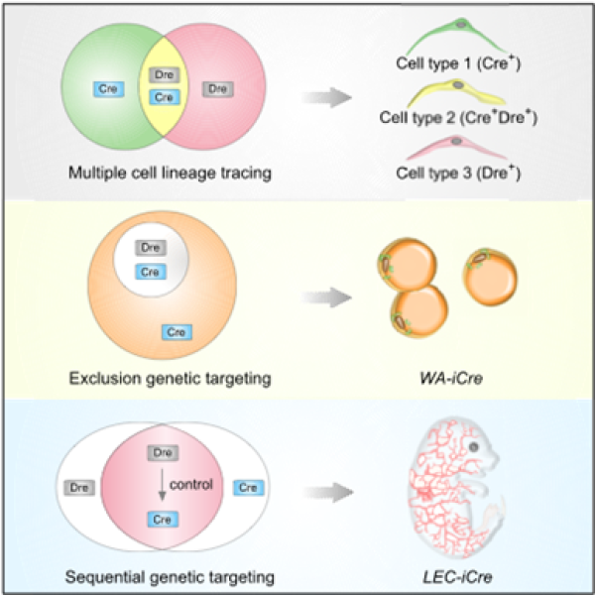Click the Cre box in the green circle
pos(104,89)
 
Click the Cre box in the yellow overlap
pos(160,96)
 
